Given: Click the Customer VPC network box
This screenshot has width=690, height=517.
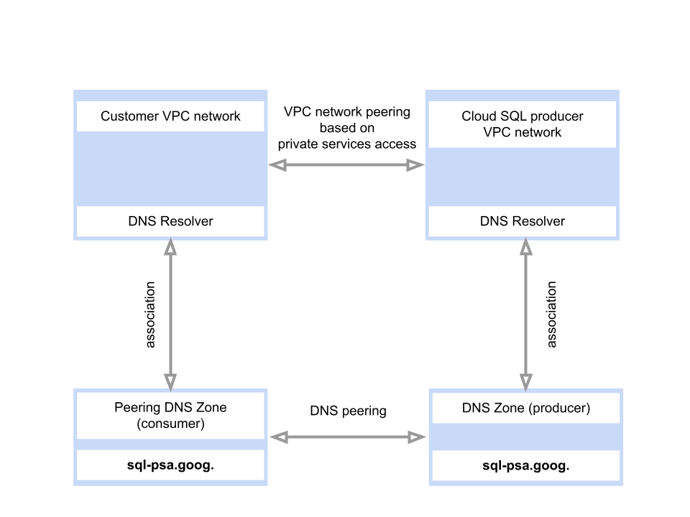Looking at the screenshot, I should click(x=170, y=116).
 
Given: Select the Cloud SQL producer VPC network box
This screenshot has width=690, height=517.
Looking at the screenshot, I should click(x=522, y=124).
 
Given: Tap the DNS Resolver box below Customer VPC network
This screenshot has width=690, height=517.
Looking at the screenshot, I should click(x=170, y=221).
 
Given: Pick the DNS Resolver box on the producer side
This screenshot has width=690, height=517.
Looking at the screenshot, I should click(x=522, y=221).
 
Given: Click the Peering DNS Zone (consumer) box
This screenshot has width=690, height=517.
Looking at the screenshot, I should click(x=170, y=415).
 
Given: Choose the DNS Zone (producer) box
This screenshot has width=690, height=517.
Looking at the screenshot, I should click(x=525, y=408).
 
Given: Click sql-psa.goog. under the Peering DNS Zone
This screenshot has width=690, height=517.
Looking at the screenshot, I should click(x=170, y=465).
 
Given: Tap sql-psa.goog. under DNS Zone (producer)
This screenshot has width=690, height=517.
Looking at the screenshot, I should click(x=525, y=465).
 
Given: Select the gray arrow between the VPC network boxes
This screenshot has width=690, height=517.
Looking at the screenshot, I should click(x=346, y=165).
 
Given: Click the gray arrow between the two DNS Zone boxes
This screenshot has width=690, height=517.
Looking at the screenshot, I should click(x=349, y=437).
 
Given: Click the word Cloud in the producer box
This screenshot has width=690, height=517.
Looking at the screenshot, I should click(x=478, y=116).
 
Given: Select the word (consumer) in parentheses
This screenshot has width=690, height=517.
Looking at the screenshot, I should click(x=170, y=424).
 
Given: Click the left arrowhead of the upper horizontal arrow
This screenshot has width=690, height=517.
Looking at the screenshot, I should click(x=275, y=165).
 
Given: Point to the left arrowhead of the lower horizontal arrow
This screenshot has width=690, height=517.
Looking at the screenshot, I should click(x=275, y=437).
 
